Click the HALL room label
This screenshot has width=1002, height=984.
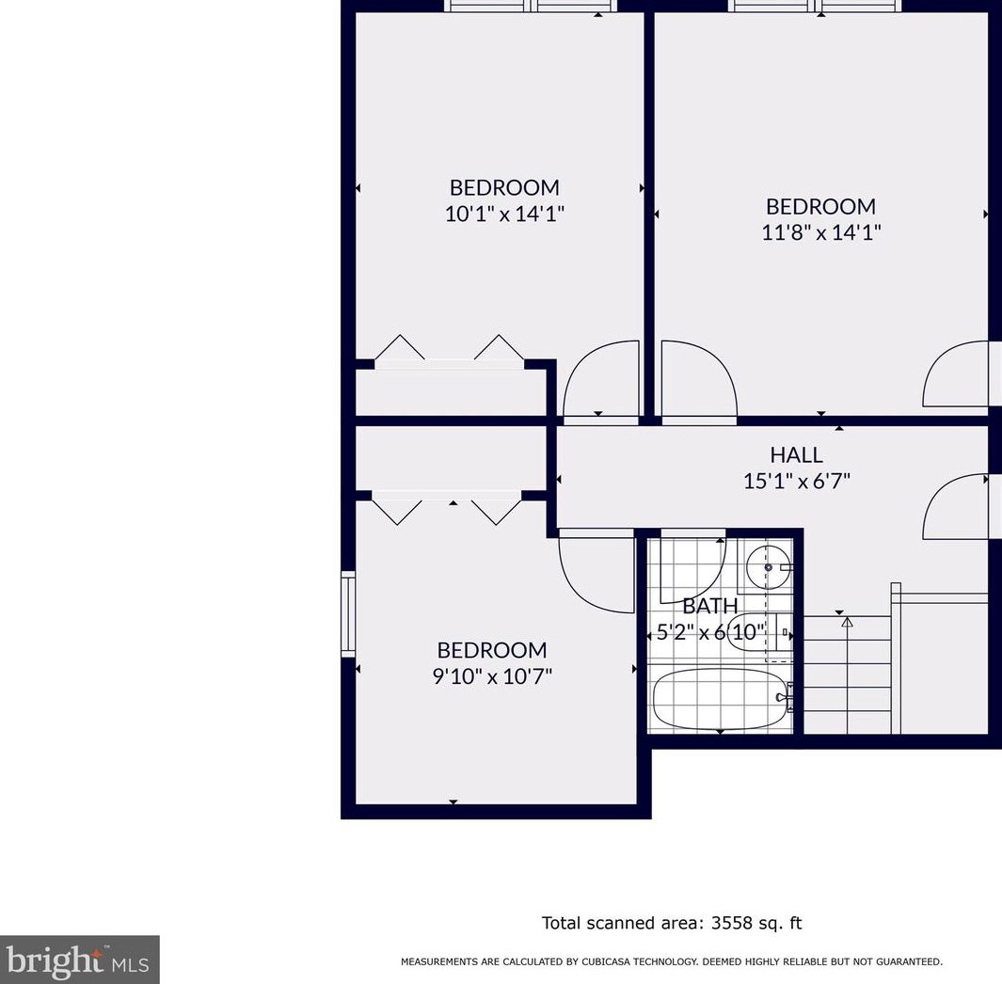(x=796, y=454)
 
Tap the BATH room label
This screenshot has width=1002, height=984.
(x=710, y=605)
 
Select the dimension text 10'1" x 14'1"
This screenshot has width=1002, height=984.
(x=504, y=214)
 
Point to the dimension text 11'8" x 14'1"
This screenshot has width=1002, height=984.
(x=821, y=232)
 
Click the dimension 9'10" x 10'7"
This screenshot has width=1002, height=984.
(x=492, y=676)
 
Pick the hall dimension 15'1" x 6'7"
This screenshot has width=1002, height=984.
(x=796, y=481)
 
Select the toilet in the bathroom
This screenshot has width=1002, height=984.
(x=760, y=632)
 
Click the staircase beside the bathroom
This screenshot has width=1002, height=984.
(x=848, y=675)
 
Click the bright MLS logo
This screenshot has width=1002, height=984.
(x=79, y=960)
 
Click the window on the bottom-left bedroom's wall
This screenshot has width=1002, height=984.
(x=347, y=613)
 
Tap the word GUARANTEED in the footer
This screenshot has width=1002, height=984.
(x=911, y=961)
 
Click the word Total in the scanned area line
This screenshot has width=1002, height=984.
(x=561, y=923)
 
